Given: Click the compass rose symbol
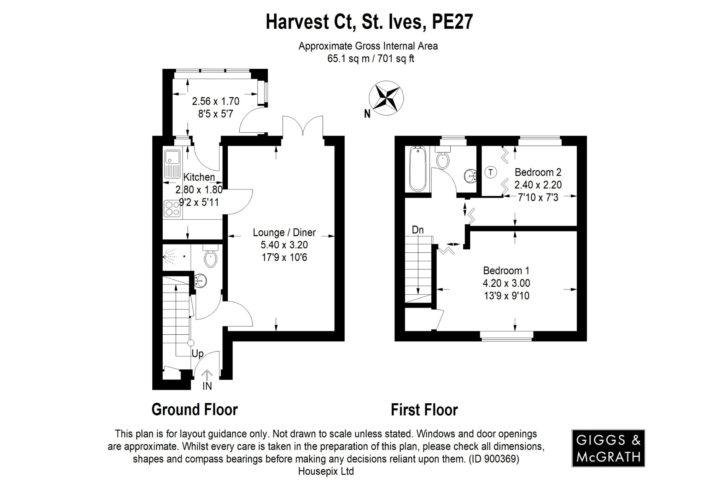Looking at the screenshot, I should [x=386, y=98].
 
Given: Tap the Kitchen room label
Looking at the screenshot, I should [x=199, y=177].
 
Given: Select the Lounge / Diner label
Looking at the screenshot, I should [x=284, y=232].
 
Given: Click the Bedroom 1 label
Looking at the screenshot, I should [x=506, y=271].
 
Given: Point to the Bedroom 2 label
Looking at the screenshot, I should [x=538, y=172].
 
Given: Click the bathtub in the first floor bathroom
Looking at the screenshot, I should [x=418, y=169].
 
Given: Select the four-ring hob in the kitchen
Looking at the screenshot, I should [x=172, y=208].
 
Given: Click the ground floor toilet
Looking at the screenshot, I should [x=211, y=258].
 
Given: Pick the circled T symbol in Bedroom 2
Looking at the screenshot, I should [x=490, y=172].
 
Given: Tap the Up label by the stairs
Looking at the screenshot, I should [x=198, y=353].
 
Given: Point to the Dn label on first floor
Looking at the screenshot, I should [x=418, y=230].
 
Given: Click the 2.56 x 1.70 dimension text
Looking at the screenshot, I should [x=216, y=102].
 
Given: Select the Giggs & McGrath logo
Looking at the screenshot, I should [x=608, y=448].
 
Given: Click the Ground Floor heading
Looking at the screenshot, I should [x=194, y=410].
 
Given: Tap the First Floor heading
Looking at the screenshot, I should [x=424, y=410].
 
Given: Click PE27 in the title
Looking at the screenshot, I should [x=452, y=22].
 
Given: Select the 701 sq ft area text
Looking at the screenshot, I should [x=396, y=59].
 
